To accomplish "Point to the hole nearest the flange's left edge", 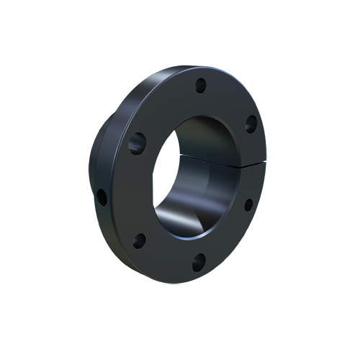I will [x=103, y=195].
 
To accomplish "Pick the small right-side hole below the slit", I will [x=248, y=204].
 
